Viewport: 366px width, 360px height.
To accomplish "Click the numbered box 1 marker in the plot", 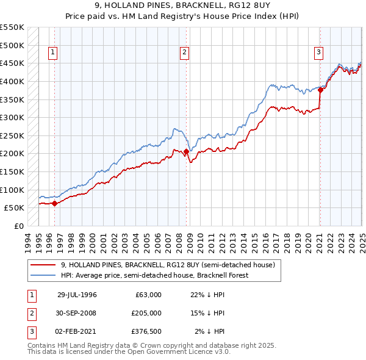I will click(x=54, y=53).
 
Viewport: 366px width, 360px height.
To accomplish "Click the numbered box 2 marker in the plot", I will click(x=184, y=53).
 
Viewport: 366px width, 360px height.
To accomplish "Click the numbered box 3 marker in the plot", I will click(x=318, y=53).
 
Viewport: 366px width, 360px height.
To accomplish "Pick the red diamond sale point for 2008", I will click(x=185, y=152).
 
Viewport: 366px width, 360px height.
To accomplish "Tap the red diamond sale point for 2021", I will click(x=320, y=90).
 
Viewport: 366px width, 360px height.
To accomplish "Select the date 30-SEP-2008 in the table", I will click(x=77, y=313).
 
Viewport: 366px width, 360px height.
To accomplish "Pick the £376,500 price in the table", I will click(x=146, y=331).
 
